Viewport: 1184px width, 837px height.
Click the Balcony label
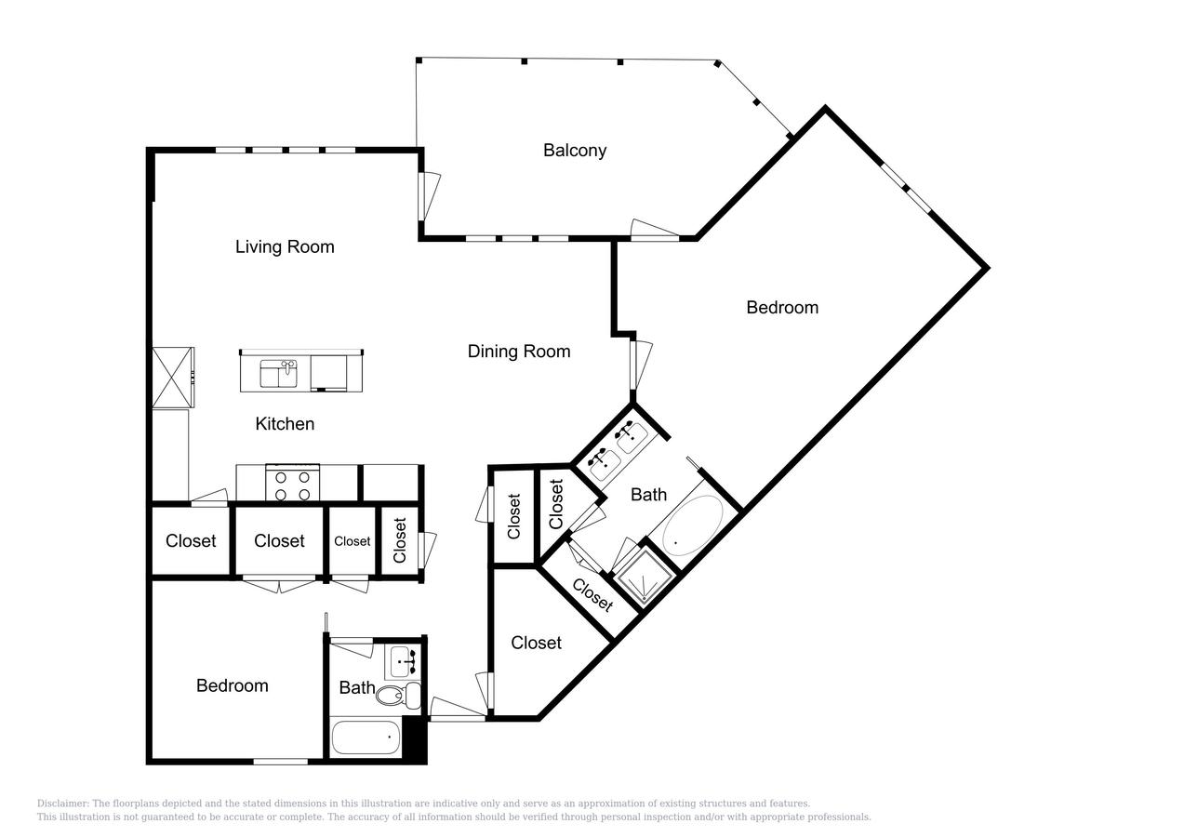click(x=575, y=151)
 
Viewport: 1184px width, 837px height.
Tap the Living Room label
click(x=285, y=246)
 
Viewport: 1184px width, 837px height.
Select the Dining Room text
click(x=519, y=352)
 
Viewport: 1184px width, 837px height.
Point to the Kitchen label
click(x=285, y=424)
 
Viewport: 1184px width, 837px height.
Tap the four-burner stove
click(x=292, y=483)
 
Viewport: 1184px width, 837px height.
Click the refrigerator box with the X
click(x=173, y=378)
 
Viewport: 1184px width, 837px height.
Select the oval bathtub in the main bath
click(x=693, y=525)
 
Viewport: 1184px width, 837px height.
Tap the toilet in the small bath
click(x=398, y=695)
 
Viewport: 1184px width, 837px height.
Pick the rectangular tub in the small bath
click(x=366, y=737)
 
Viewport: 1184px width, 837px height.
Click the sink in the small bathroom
click(x=404, y=662)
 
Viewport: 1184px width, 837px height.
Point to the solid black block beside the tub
click(x=414, y=739)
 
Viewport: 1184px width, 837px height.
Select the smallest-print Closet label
click(x=352, y=541)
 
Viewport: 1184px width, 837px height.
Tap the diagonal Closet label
click(x=592, y=595)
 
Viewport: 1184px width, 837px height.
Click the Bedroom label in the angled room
click(x=782, y=308)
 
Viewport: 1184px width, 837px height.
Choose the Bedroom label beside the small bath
click(x=232, y=686)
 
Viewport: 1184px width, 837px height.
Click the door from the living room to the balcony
click(x=429, y=196)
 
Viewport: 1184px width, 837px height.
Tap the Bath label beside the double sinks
click(x=648, y=495)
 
